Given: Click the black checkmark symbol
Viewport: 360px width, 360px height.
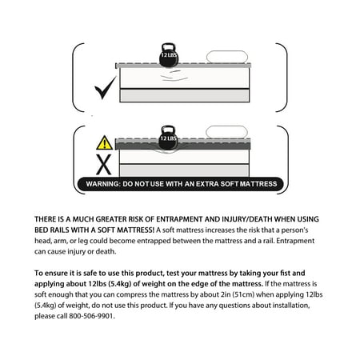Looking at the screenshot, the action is pos(104,90).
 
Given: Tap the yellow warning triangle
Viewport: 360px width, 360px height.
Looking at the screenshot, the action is pos(105,143).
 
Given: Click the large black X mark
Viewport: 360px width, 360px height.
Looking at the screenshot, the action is pos(104,165).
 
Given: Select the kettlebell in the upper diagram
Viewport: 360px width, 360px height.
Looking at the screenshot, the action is pos(169,55).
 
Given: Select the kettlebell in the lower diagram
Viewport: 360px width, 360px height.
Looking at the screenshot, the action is pos(168,138).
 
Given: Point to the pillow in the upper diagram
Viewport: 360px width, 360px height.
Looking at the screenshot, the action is pos(227,57).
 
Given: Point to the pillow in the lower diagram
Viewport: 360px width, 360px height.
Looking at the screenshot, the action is pos(226,132).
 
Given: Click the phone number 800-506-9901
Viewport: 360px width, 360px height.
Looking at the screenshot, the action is pos(91,316).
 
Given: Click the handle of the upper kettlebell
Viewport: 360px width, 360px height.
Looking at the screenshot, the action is pos(168,47).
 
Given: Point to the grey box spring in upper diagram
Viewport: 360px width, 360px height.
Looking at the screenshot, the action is pos(185,95).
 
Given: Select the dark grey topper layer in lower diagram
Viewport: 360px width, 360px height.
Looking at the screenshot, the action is pos(183,146).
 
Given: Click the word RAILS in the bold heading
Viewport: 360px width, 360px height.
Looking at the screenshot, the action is pos(60,230).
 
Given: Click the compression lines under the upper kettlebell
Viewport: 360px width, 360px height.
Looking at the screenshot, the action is pos(174,76).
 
